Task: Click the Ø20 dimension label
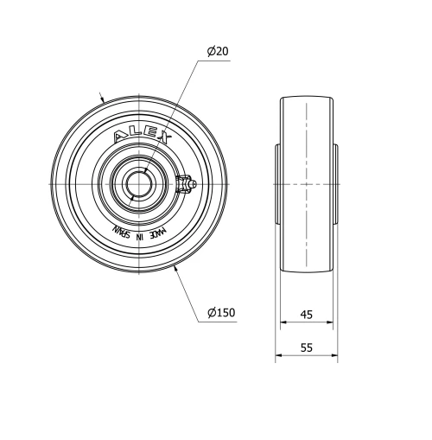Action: [x=218, y=52]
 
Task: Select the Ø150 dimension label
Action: [x=222, y=312]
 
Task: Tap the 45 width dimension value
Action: [x=306, y=316]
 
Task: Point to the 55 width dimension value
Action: [x=306, y=348]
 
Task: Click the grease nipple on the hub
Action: [x=186, y=184]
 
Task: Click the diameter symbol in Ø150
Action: [x=211, y=312]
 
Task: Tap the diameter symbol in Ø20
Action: [x=210, y=52]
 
